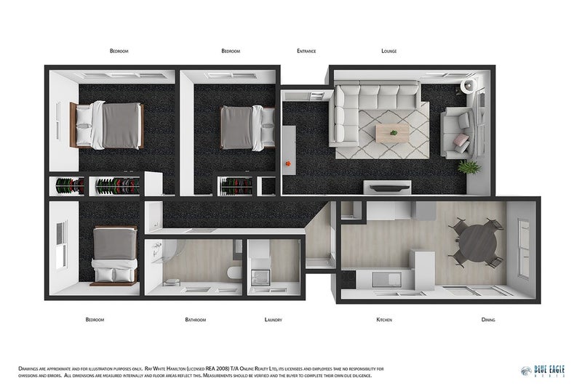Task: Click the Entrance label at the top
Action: [306, 51]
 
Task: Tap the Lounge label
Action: [388, 51]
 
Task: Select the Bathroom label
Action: [195, 320]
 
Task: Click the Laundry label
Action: [273, 320]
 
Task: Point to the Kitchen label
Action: [384, 320]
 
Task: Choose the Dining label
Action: [489, 320]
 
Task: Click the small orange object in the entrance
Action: [289, 162]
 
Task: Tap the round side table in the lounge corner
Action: [470, 86]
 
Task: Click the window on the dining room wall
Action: [522, 247]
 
